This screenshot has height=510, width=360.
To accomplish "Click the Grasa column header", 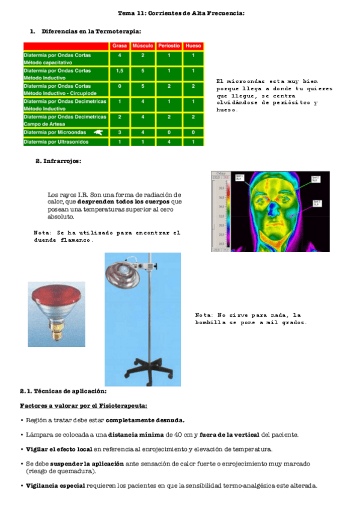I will coord(120,46).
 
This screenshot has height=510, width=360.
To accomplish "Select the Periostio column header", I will coord(169,46).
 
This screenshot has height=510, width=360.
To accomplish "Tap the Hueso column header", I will coord(193,46).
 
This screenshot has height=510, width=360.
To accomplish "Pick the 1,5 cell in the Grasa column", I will coord(120,71).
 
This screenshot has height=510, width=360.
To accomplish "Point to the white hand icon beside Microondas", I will coord(98,132).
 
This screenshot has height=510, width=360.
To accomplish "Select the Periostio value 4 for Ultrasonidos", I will coord(169,142).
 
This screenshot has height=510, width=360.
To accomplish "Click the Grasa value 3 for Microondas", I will coord(120,132).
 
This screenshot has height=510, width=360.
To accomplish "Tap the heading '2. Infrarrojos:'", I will coord(58,161).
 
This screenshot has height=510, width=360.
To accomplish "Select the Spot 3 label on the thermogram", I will coord(316,203).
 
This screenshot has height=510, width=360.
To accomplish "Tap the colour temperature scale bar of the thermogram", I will coord(220,214).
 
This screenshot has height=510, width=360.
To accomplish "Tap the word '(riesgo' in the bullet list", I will coord(38,472).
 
